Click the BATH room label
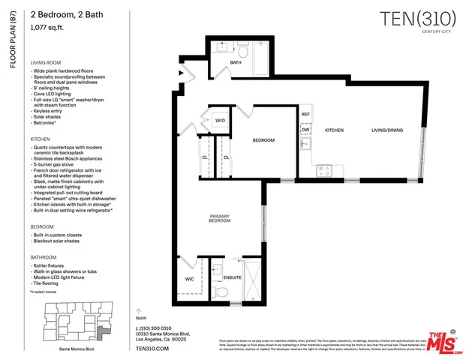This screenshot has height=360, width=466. point(236,63)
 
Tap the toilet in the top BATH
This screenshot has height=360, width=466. point(242,52)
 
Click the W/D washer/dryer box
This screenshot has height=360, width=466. point(221,120)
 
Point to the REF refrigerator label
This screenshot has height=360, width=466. point(305,114)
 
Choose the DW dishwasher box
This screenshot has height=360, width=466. point(305,130)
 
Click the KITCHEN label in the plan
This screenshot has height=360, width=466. point(334,130)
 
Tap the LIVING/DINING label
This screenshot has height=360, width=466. point(386,130)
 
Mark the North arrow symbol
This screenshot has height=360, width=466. point(137,310)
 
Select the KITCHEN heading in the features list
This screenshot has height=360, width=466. point(41,139)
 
